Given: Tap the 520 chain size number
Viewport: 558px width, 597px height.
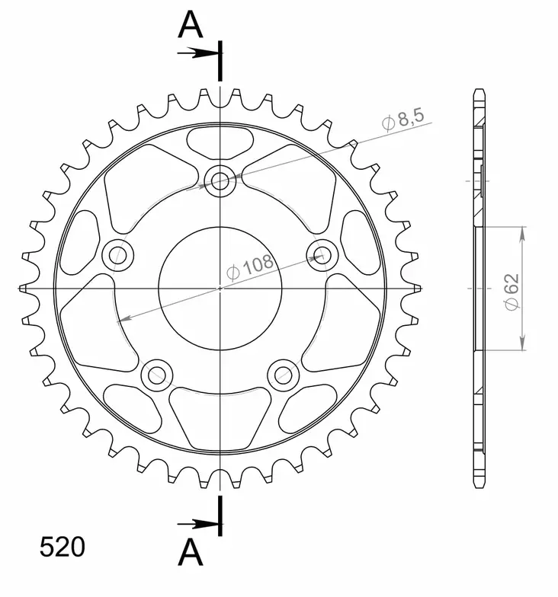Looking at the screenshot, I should point(63,548).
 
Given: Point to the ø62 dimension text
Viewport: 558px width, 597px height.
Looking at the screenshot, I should point(511,289).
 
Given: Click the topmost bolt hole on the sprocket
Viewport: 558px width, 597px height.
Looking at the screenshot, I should point(220,180).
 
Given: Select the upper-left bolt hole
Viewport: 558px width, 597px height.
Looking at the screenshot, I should point(117,255).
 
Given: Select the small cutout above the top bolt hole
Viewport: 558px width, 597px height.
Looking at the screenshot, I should point(220,140).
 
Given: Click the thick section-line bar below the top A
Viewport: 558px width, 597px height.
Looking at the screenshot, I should point(220,61).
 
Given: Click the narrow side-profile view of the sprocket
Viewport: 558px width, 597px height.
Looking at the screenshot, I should point(478,289).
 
